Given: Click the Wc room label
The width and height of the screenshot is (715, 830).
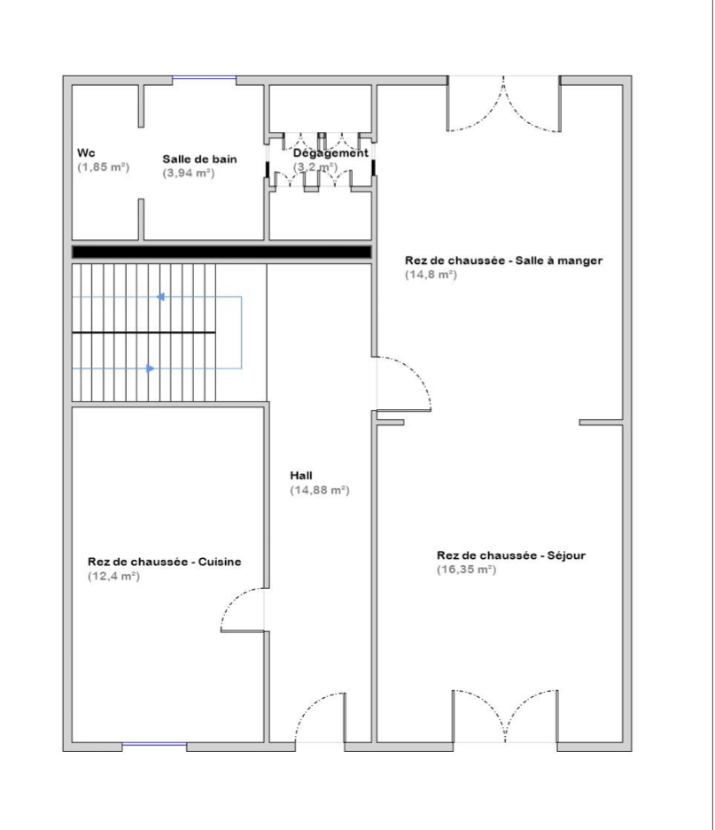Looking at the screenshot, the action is [x=86, y=153].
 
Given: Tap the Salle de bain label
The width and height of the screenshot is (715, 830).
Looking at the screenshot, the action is [x=199, y=159].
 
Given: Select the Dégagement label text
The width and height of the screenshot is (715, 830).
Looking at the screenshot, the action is [x=330, y=153].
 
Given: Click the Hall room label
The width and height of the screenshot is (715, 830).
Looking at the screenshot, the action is [x=301, y=476].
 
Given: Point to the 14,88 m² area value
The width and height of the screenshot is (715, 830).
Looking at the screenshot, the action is [x=319, y=490].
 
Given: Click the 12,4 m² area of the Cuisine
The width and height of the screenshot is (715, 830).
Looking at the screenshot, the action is [x=114, y=576].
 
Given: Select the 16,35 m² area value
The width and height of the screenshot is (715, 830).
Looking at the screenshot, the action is [x=466, y=570].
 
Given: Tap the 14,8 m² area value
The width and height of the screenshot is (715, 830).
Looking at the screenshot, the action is [x=431, y=275].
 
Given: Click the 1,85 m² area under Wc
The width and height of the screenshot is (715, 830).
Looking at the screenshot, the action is [x=104, y=167].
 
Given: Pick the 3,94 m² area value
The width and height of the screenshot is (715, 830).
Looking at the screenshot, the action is [x=189, y=173].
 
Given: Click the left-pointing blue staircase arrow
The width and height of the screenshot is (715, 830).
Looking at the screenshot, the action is [x=160, y=297].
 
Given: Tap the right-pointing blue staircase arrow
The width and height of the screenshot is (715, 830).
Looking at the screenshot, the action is [x=151, y=368].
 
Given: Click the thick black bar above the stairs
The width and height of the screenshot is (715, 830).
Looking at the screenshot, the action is [x=221, y=252].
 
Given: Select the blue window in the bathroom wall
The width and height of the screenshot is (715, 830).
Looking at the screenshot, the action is [x=205, y=78].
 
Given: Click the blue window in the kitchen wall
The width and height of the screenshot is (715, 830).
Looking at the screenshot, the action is [x=155, y=745].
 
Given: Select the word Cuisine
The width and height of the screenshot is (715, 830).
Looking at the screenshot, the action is [x=220, y=562].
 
